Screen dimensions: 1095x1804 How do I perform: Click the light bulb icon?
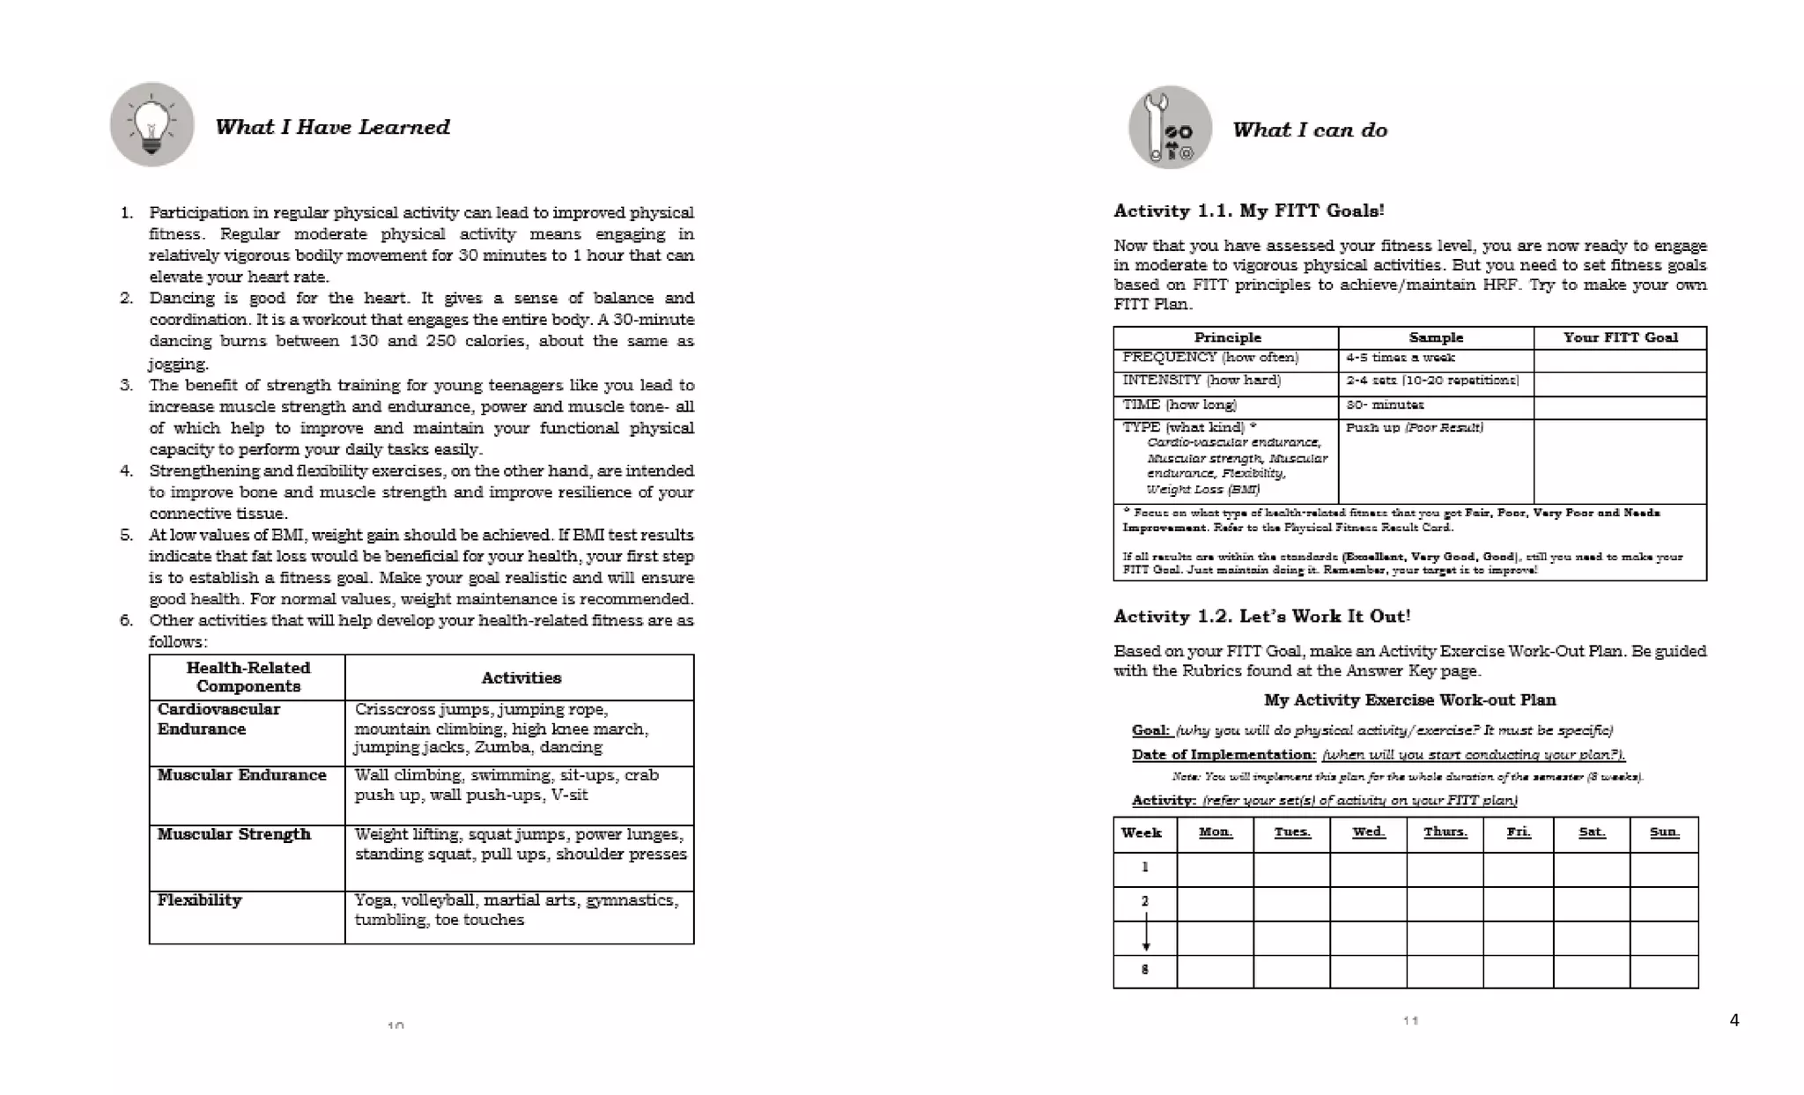(x=152, y=125)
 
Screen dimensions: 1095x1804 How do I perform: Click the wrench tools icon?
(x=1170, y=129)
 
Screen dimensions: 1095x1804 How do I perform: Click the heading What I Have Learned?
(x=332, y=127)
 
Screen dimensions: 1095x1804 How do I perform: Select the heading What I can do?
(x=1309, y=130)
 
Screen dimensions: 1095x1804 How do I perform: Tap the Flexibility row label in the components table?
(x=199, y=899)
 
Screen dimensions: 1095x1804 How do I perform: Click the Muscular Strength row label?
(x=233, y=833)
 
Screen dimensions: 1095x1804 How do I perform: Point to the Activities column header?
(x=521, y=677)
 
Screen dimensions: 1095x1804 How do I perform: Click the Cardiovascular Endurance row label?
(x=218, y=719)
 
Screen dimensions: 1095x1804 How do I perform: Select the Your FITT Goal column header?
(x=1620, y=337)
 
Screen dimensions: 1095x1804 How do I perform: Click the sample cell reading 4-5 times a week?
(x=1400, y=358)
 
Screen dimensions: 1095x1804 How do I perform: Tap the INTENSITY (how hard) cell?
(x=1201, y=381)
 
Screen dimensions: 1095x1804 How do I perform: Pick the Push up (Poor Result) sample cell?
(x=1414, y=427)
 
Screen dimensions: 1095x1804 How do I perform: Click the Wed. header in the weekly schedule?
(x=1368, y=832)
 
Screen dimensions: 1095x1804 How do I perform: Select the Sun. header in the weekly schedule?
(x=1663, y=832)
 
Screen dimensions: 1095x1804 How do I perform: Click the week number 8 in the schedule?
(x=1144, y=970)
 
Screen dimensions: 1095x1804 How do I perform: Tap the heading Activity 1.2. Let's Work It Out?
(x=1261, y=616)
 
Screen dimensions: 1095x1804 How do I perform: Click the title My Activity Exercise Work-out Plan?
(x=1409, y=699)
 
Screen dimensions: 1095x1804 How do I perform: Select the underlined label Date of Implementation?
(x=1223, y=754)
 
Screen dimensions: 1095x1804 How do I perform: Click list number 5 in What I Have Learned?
(x=127, y=535)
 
